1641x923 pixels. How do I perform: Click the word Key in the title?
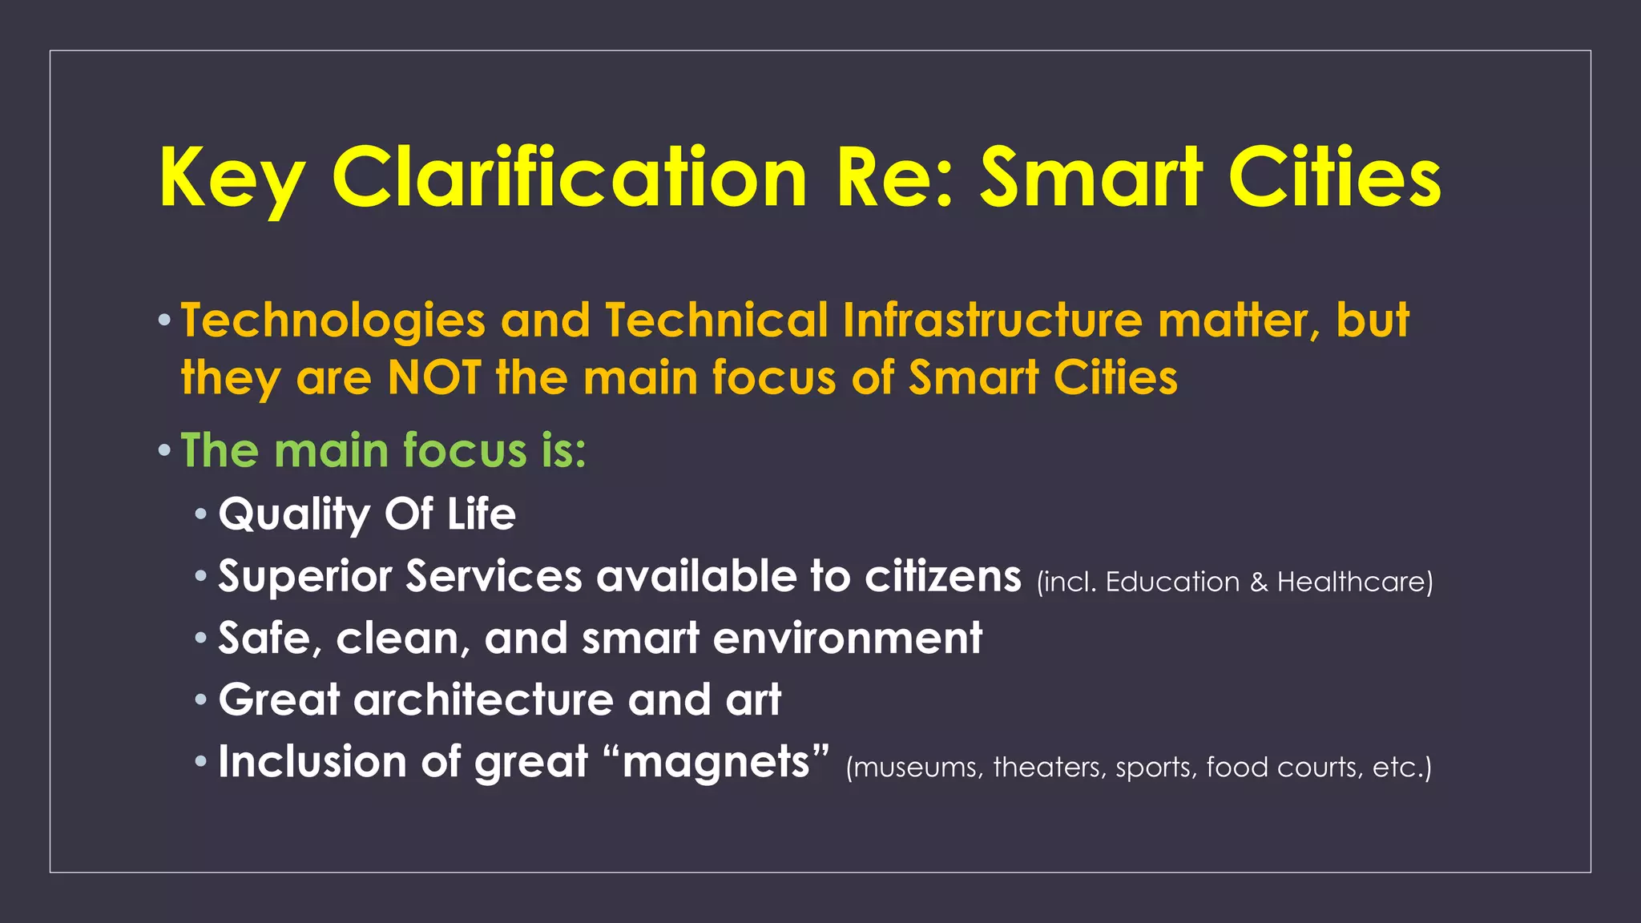click(x=232, y=178)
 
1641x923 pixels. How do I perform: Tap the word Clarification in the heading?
click(x=569, y=178)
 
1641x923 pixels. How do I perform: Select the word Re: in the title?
click(x=894, y=178)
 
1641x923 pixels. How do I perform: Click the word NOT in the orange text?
click(x=434, y=377)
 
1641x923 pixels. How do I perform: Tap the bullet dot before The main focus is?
click(x=164, y=450)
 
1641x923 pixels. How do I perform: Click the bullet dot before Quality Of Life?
click(x=201, y=513)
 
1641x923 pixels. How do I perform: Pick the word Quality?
click(x=293, y=514)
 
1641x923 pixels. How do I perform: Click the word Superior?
click(x=304, y=577)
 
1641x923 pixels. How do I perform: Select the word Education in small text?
click(x=1172, y=582)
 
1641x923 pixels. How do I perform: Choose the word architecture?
click(x=484, y=700)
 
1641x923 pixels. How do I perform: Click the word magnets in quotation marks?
click(x=716, y=762)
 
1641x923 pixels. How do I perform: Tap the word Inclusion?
click(x=312, y=761)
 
